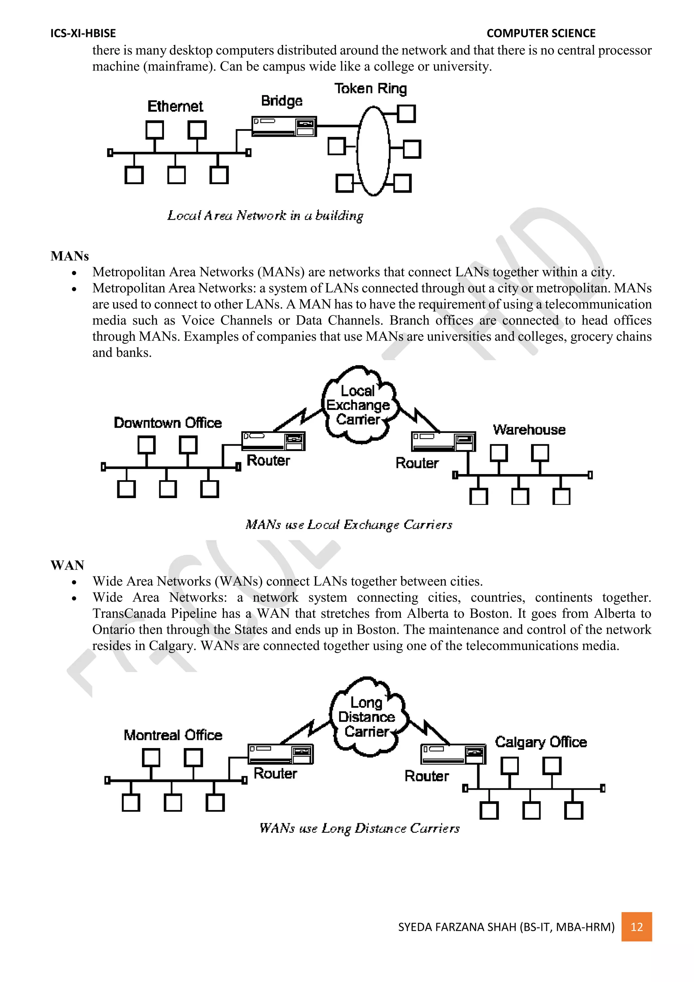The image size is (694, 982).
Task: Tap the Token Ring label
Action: coord(370,89)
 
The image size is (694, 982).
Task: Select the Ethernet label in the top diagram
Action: coord(175,106)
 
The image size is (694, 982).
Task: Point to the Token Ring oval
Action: coord(373,151)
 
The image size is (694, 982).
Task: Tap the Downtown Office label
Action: coord(167,423)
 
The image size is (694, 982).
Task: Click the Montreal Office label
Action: coord(173,735)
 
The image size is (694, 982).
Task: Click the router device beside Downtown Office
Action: coord(273,441)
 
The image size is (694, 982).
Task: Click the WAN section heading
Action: coord(67,565)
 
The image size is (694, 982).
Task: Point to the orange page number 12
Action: coord(637,927)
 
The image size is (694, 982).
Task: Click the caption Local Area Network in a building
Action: coord(265,216)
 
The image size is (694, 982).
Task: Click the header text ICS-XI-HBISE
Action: coord(83,33)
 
